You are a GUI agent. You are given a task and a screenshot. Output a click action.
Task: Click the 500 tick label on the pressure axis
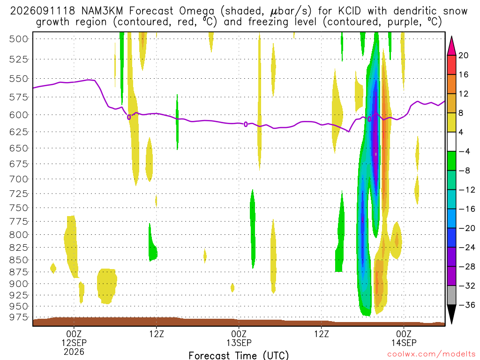pyautogui.click(x=19, y=39)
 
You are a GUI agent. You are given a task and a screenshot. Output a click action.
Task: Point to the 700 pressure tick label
pyautogui.click(x=19, y=179)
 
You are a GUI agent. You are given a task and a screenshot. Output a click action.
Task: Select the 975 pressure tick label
pyautogui.click(x=19, y=317)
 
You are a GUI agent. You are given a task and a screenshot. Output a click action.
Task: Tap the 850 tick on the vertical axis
pyautogui.click(x=19, y=260)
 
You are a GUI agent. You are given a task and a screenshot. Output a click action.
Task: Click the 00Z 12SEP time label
pyautogui.click(x=74, y=338)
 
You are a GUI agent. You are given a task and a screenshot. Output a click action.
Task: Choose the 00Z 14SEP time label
pyautogui.click(x=404, y=338)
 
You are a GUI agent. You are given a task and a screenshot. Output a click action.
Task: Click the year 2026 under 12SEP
pyautogui.click(x=74, y=352)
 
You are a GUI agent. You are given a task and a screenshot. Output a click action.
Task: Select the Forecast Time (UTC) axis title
pyautogui.click(x=239, y=355)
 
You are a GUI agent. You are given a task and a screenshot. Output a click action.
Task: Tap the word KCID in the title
pyautogui.click(x=350, y=11)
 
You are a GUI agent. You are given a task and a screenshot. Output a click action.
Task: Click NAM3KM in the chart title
pyautogui.click(x=102, y=11)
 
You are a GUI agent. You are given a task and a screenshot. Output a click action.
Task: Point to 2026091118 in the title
pyautogui.click(x=43, y=11)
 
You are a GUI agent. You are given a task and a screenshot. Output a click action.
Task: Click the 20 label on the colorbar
pyautogui.click(x=463, y=55)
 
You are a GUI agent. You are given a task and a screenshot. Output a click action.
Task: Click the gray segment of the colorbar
pyautogui.click(x=451, y=295)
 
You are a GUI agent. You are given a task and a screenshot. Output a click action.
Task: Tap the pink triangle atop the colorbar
pyautogui.click(x=451, y=46)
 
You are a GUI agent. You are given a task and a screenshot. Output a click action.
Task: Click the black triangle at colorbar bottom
pyautogui.click(x=451, y=314)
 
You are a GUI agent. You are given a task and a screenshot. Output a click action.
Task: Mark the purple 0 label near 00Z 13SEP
pyautogui.click(x=246, y=124)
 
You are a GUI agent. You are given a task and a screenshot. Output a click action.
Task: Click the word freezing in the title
pyautogui.click(x=268, y=22)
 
